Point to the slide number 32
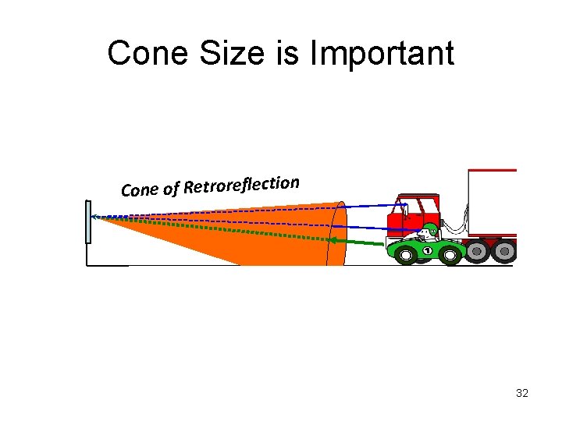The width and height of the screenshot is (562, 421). pos(522,393)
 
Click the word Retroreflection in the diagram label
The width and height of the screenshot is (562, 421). pos(242,185)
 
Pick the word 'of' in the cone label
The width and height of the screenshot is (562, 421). pos(172,188)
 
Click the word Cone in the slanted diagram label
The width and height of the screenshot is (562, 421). pos(140,189)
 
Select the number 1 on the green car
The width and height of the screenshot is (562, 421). pos(427,251)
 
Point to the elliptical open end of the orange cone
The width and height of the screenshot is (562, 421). pos(338,232)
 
